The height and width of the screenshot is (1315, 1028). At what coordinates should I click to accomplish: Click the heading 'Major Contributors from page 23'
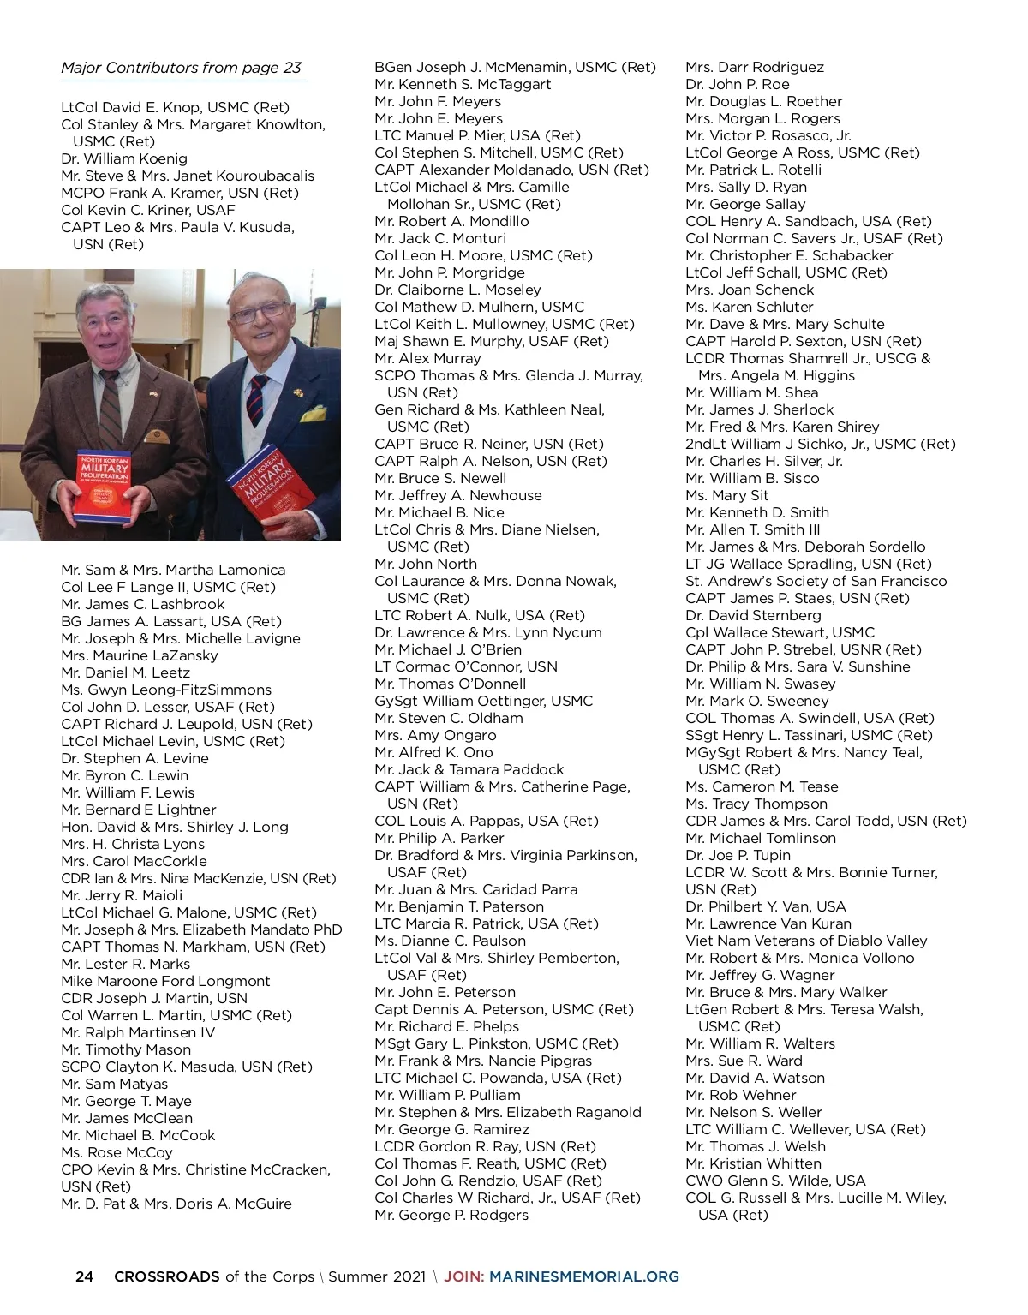tap(181, 68)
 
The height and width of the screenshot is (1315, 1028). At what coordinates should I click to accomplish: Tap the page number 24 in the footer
tap(84, 1276)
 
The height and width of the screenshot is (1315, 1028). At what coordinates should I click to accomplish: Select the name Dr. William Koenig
tap(124, 158)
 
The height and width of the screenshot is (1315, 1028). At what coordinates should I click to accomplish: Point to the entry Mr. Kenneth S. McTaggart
tap(463, 84)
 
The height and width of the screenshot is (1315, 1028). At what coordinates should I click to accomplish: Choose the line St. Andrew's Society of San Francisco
tap(816, 581)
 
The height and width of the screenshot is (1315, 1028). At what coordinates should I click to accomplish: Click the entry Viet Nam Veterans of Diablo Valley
tap(806, 941)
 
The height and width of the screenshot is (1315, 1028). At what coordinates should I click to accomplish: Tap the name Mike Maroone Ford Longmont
tap(165, 981)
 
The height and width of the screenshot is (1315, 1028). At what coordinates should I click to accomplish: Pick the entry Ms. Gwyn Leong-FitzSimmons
tap(166, 690)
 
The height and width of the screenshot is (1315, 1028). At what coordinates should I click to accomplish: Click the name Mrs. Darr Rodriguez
tap(755, 67)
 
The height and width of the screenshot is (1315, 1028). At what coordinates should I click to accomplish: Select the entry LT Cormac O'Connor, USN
tap(466, 666)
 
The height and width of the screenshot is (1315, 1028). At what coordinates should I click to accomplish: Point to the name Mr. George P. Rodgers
tap(451, 1215)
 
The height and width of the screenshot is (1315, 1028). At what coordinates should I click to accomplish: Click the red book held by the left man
tap(103, 486)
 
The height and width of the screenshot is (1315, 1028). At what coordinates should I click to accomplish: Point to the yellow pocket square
tap(314, 415)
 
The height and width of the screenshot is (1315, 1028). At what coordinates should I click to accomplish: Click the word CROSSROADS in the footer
tap(167, 1276)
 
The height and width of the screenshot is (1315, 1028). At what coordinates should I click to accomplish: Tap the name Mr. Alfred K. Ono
tap(433, 752)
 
